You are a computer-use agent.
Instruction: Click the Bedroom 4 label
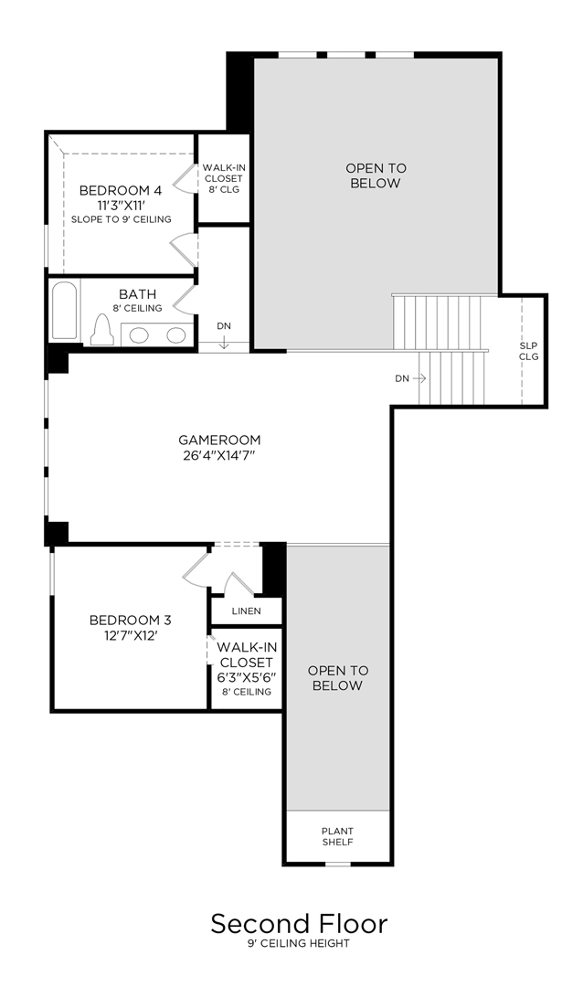pyautogui.click(x=120, y=190)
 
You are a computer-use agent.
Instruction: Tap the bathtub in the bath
pyautogui.click(x=64, y=313)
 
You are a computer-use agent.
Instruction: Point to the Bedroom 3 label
pyautogui.click(x=130, y=621)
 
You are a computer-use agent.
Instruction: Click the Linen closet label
pyautogui.click(x=246, y=610)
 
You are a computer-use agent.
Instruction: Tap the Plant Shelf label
pyautogui.click(x=337, y=836)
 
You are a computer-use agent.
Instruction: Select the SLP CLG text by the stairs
pyautogui.click(x=529, y=350)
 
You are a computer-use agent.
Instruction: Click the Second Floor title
pyautogui.click(x=299, y=923)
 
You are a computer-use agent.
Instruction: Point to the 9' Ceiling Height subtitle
pyautogui.click(x=299, y=944)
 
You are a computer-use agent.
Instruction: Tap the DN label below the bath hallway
pyautogui.click(x=224, y=326)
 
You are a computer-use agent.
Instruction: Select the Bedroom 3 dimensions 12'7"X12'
pyautogui.click(x=130, y=636)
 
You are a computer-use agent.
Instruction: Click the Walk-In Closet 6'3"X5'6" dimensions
pyautogui.click(x=245, y=677)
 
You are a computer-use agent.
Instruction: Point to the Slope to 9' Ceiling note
pyautogui.click(x=120, y=220)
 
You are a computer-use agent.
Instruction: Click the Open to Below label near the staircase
pyautogui.click(x=375, y=175)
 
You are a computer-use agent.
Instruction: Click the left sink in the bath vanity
pyautogui.click(x=140, y=335)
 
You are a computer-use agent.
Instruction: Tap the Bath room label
pyautogui.click(x=137, y=294)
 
